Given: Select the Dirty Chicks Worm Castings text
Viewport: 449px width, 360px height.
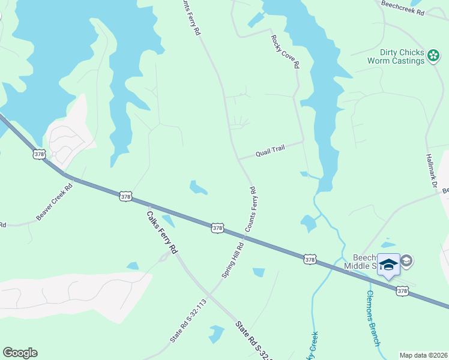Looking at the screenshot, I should (396, 56).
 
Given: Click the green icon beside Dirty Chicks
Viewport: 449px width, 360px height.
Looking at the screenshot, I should (433, 56).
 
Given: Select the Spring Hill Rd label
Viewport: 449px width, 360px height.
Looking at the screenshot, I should (233, 259).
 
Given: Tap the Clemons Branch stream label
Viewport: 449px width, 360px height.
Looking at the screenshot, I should (373, 318).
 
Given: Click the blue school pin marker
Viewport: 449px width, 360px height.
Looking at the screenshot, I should (388, 265).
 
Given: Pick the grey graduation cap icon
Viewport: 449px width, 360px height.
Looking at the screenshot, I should (406, 260).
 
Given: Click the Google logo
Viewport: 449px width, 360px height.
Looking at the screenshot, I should (20, 353).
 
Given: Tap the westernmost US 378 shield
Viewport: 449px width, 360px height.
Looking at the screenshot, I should (40, 154).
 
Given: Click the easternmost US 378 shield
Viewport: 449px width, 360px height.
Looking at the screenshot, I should (402, 290).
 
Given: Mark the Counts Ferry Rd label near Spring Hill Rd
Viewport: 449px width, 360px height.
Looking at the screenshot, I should (250, 209).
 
